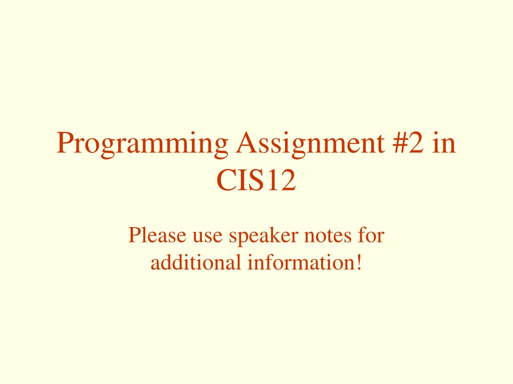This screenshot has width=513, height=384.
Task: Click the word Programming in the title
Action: pyautogui.click(x=142, y=144)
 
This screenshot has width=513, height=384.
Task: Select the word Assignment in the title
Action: pyautogui.click(x=310, y=144)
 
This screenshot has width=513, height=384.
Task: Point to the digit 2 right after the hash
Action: pyautogui.click(x=416, y=142)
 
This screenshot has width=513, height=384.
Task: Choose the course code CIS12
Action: pyautogui.click(x=256, y=180)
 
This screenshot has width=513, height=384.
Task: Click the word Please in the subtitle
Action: pyautogui.click(x=157, y=234)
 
